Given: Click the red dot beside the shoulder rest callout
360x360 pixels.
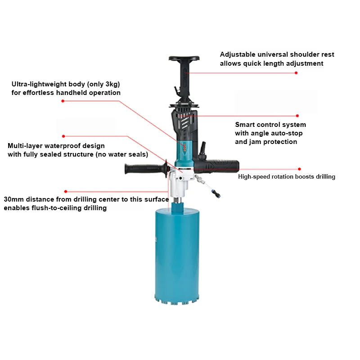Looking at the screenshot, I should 296,73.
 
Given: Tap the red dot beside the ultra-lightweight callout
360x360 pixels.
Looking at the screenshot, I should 63,101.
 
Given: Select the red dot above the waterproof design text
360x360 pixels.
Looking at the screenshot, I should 63,136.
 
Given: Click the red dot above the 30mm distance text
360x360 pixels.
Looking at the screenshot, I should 66,191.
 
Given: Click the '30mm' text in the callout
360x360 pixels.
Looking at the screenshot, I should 13,199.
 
